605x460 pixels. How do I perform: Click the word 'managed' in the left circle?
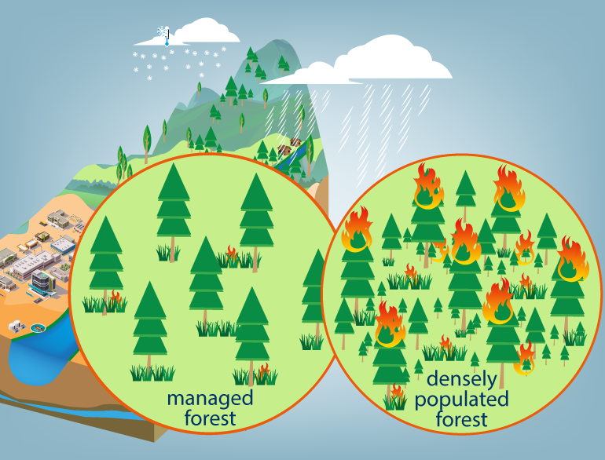[x=210, y=398]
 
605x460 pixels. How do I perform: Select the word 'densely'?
[x=463, y=380]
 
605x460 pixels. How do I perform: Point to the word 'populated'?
[x=463, y=400]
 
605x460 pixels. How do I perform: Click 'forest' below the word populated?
[x=463, y=420]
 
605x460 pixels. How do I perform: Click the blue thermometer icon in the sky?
[x=167, y=35]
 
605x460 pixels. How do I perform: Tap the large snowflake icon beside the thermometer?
[x=160, y=32]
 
